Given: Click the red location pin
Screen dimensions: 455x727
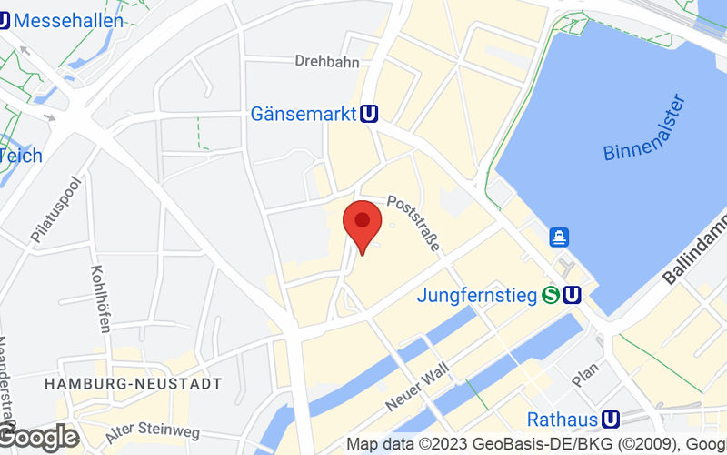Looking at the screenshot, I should coord(362,223).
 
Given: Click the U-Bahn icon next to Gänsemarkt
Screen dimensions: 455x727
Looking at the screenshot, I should coord(369,114).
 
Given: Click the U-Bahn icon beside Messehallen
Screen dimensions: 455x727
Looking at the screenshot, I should coord(4,19).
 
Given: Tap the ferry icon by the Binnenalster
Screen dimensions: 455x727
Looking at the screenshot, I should coord(559,238).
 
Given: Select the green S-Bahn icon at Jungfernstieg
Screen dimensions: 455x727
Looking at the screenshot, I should coord(550,295).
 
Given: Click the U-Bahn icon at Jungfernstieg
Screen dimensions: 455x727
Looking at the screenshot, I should coord(572,295).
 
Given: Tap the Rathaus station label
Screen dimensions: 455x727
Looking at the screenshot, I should coord(563,420).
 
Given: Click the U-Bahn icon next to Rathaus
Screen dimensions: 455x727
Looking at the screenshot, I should coord(611,420).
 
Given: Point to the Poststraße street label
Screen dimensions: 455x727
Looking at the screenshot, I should coord(414,223).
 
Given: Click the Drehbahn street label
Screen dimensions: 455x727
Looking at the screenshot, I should coord(326,62).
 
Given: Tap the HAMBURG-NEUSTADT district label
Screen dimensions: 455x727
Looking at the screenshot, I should coord(133,385).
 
